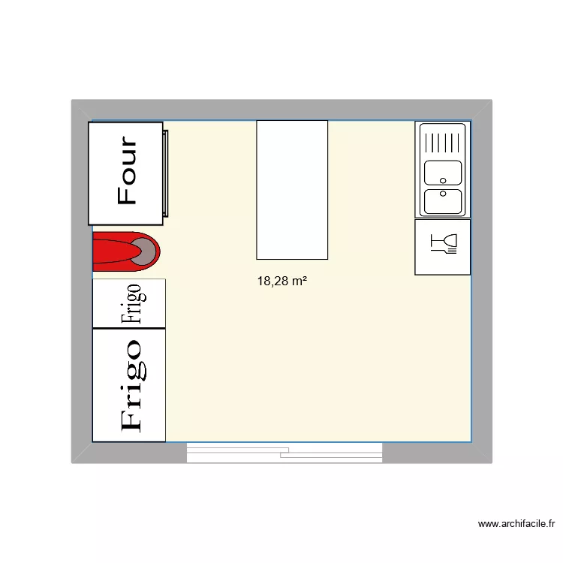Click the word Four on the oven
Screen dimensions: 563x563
127,171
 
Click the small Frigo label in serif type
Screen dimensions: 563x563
131,303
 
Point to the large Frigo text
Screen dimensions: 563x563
130,384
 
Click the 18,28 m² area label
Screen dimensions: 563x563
282,281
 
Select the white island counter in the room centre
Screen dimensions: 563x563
292,189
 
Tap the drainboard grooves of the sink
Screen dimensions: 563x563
443,142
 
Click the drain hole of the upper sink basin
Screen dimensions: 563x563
444,180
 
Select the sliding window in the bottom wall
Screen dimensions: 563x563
285,452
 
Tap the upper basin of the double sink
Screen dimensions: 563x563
443,173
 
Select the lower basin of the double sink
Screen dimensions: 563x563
443,202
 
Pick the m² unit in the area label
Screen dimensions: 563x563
299,281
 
